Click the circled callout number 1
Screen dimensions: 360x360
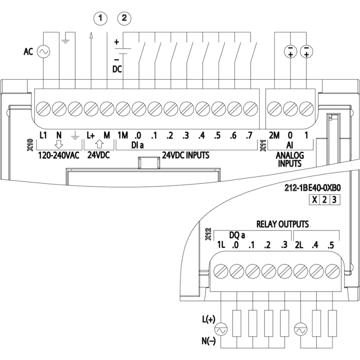(x=100, y=18)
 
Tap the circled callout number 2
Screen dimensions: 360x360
(x=124, y=18)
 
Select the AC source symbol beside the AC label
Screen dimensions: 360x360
(x=43, y=51)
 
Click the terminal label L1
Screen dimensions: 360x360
(x=43, y=135)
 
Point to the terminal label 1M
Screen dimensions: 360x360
(x=122, y=135)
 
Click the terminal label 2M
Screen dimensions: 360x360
(x=274, y=135)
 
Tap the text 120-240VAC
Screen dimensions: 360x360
(x=58, y=155)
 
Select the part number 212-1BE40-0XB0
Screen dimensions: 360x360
(x=312, y=188)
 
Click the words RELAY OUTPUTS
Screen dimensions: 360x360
(x=283, y=224)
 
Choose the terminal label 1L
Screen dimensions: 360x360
(x=221, y=245)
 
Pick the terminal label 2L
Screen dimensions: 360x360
(x=299, y=245)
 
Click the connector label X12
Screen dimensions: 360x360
(x=208, y=234)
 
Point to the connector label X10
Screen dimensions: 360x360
(x=30, y=144)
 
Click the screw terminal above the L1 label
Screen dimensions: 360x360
(x=43, y=108)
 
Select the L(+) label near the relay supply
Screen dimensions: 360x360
(x=209, y=319)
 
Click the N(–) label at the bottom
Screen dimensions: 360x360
(x=209, y=341)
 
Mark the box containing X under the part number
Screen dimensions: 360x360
(x=314, y=200)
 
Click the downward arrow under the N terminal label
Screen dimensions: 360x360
(x=59, y=144)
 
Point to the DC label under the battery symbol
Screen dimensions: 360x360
(x=117, y=69)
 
